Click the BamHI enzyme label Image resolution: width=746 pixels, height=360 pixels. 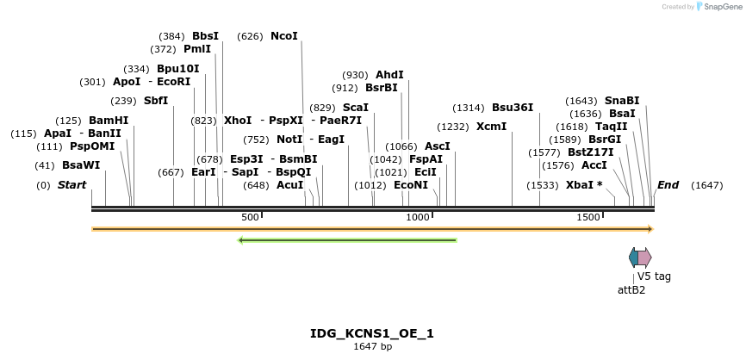[109, 121]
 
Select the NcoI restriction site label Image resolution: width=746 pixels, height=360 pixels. [284, 36]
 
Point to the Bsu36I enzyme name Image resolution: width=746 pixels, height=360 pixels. [513, 108]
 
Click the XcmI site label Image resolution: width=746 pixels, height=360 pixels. [491, 127]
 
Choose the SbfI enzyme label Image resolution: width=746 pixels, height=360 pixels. [156, 101]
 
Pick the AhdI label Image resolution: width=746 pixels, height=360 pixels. [389, 75]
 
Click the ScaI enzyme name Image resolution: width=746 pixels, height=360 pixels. [356, 108]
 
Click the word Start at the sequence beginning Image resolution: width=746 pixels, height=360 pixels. [72, 185]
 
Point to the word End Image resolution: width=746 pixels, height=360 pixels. [668, 185]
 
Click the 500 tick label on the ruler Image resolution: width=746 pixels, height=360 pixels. [250, 217]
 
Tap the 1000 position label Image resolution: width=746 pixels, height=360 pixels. [418, 217]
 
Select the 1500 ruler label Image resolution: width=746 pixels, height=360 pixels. [588, 217]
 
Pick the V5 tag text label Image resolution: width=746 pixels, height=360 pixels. [654, 276]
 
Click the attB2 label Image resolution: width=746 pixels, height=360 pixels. [631, 289]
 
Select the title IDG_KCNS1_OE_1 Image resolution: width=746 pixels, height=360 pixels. [372, 333]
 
